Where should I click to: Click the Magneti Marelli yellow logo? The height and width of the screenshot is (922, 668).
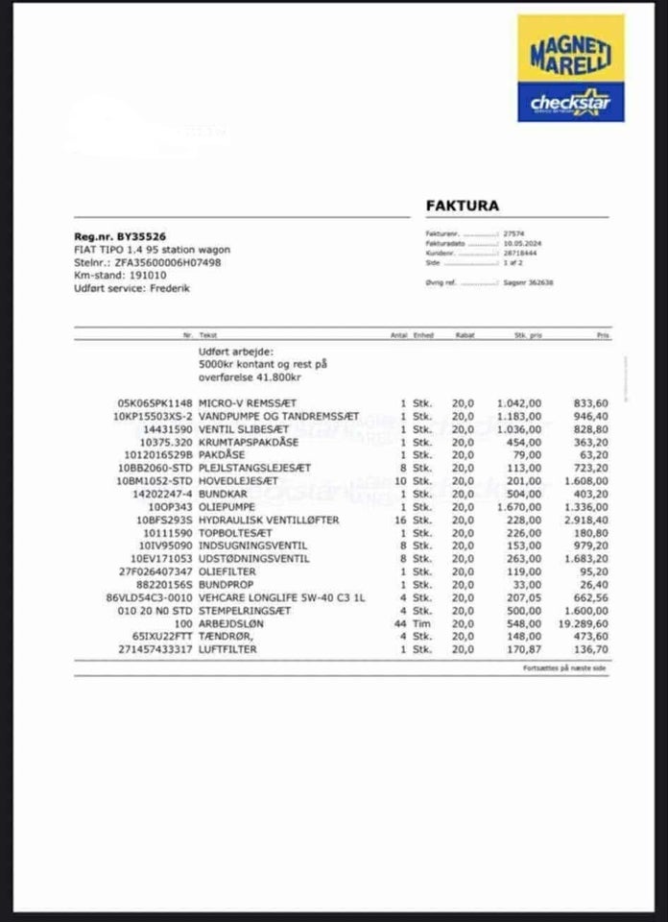(570, 48)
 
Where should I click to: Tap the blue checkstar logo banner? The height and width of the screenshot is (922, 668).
(570, 102)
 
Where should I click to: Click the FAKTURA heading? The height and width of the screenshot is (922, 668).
(462, 206)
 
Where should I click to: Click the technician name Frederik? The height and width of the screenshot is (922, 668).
(170, 286)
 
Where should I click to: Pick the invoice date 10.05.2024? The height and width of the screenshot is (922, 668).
(523, 245)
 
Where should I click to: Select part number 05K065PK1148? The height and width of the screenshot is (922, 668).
(155, 402)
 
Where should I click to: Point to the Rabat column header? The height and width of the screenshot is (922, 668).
(465, 335)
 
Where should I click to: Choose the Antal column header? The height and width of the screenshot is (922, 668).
(399, 335)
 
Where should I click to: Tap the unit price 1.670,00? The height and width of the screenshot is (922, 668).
(520, 506)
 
